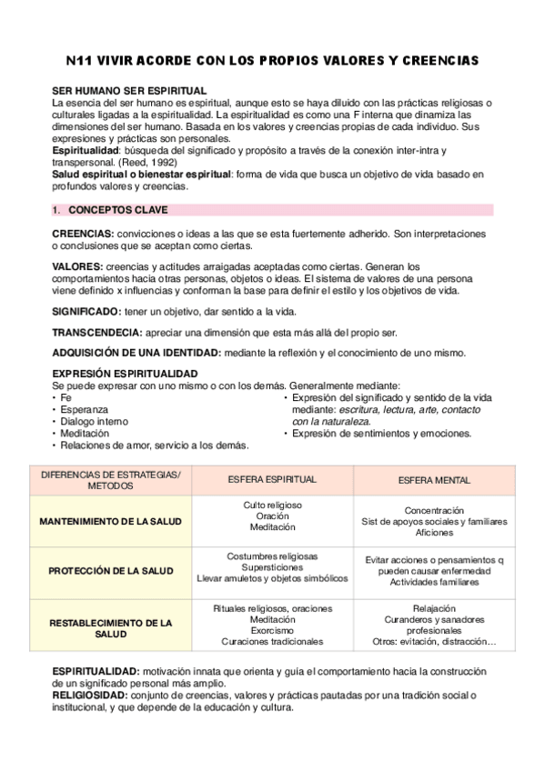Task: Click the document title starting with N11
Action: pos(273,61)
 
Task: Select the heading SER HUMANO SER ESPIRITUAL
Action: pos(129,91)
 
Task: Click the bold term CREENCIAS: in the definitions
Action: pos(83,234)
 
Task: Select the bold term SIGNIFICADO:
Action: pos(86,310)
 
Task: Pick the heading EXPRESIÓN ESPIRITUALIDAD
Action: pos(125,374)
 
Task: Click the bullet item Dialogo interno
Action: pos(95,421)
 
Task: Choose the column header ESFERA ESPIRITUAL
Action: pos(272,479)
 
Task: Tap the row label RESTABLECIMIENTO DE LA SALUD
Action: pos(110,628)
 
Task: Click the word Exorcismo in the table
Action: pos(272,630)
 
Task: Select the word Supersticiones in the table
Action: pos(272,566)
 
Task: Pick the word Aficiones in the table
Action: pos(434,533)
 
